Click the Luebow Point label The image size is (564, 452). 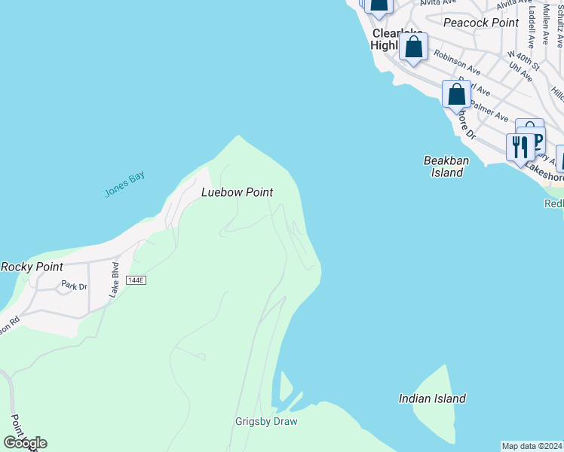tap(236, 193)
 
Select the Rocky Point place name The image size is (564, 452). tap(32, 267)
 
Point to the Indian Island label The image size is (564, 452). tap(432, 399)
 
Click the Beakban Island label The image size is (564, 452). tap(443, 166)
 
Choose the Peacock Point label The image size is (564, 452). tap(481, 23)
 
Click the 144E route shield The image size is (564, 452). tap(136, 280)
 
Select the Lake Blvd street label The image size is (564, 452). tap(115, 280)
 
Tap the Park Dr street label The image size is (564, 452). tap(74, 286)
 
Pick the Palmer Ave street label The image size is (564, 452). tap(491, 110)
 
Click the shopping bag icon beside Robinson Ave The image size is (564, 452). tap(413, 47)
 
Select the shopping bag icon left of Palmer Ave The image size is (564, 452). tap(456, 95)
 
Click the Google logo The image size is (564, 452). tap(25, 443)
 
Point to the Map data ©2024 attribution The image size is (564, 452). tap(532, 446)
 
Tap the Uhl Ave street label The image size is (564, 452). tap(520, 72)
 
